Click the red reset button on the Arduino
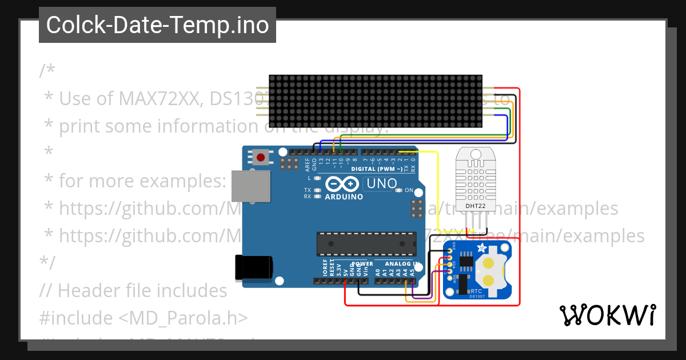(262, 157)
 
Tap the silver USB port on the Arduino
(250, 186)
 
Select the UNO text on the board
(381, 184)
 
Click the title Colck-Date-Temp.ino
(157, 25)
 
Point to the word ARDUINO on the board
(344, 197)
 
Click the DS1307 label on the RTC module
(477, 296)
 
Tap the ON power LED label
(409, 190)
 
